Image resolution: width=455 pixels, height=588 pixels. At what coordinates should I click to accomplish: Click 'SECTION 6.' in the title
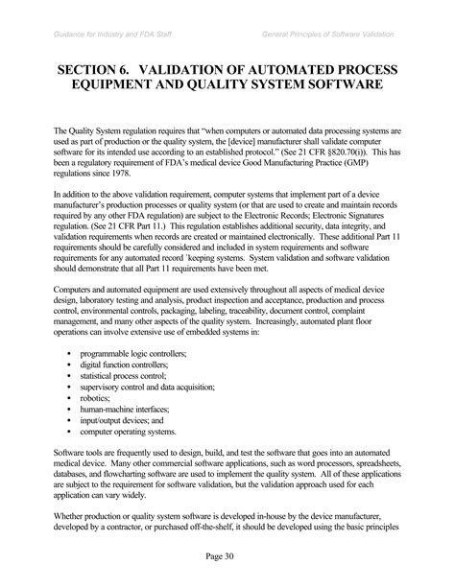[103, 72]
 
